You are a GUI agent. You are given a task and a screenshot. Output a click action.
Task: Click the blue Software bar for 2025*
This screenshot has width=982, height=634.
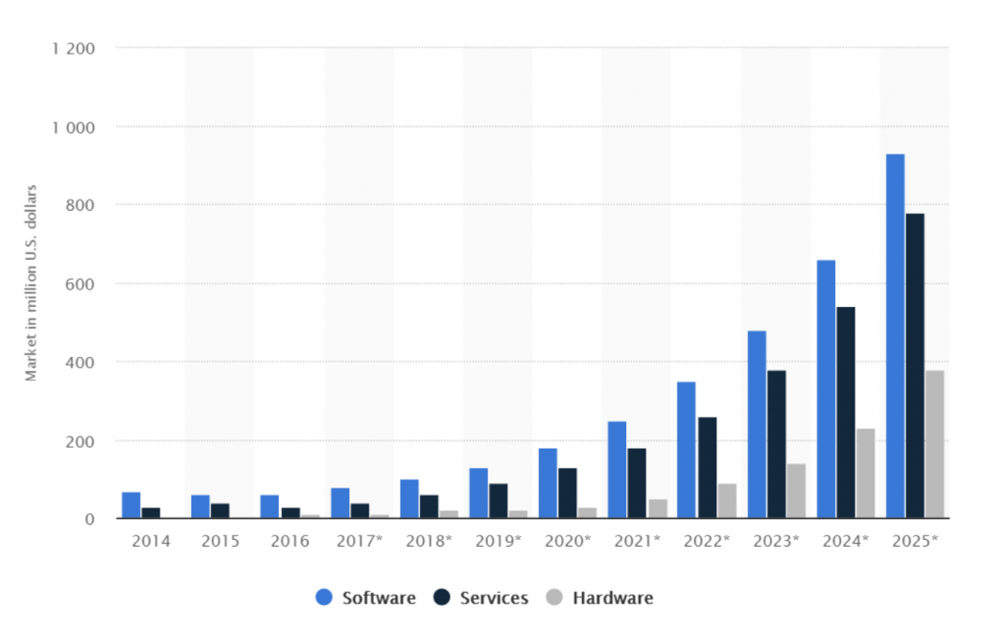pos(895,336)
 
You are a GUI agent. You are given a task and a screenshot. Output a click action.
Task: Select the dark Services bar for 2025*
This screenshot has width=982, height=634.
pos(915,365)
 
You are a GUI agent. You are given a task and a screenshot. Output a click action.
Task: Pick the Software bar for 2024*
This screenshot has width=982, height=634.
pos(826,388)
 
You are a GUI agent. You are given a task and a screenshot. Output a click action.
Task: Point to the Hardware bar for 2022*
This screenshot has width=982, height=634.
pos(727,501)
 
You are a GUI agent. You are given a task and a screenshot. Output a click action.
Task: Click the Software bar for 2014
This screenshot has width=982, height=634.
pos(131,505)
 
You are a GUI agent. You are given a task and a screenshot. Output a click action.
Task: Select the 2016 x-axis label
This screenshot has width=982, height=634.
pos(290,541)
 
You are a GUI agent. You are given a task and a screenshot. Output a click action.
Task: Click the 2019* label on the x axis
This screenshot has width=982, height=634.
pos(497,541)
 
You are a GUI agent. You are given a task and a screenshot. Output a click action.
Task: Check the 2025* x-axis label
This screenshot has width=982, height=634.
pos(914,541)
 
